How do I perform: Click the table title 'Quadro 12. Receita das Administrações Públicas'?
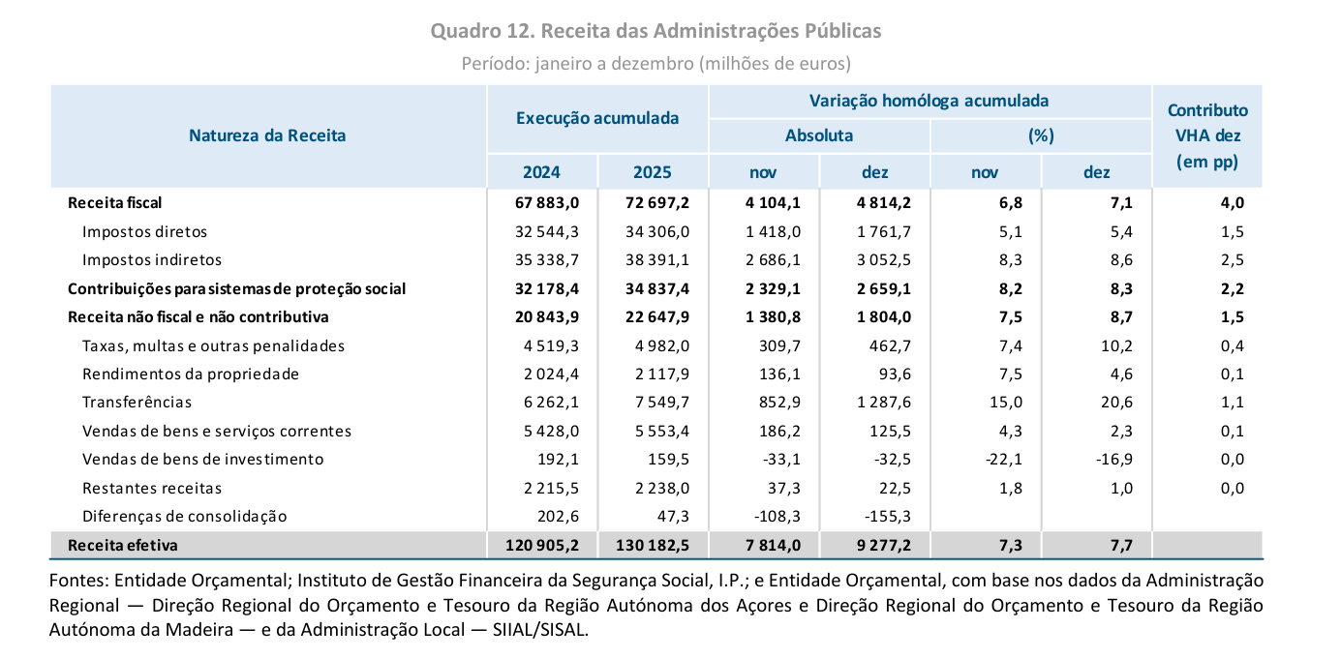655,31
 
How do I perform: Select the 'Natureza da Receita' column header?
267,135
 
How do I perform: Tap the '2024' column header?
541,173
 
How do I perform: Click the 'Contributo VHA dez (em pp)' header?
1207,136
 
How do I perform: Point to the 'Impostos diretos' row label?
144,232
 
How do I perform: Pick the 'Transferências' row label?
137,403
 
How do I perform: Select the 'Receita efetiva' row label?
122,546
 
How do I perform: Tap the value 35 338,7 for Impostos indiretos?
542,260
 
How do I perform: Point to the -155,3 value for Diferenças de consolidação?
885,517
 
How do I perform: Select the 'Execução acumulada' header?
597,118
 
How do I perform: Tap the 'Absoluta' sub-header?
819,135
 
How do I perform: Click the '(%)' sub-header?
1040,135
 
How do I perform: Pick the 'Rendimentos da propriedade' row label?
191,374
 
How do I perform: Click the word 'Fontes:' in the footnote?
78,581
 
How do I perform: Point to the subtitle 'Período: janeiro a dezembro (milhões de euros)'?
655,64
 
